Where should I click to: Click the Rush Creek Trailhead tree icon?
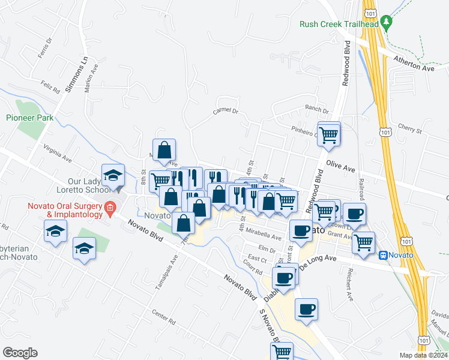[387, 23]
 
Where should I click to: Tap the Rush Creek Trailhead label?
[339, 24]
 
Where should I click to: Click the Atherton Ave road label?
[414, 64]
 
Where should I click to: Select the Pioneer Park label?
[29, 118]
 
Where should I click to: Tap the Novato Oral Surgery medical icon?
[110, 209]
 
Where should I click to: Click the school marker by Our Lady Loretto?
[113, 176]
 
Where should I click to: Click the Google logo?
[20, 353]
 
